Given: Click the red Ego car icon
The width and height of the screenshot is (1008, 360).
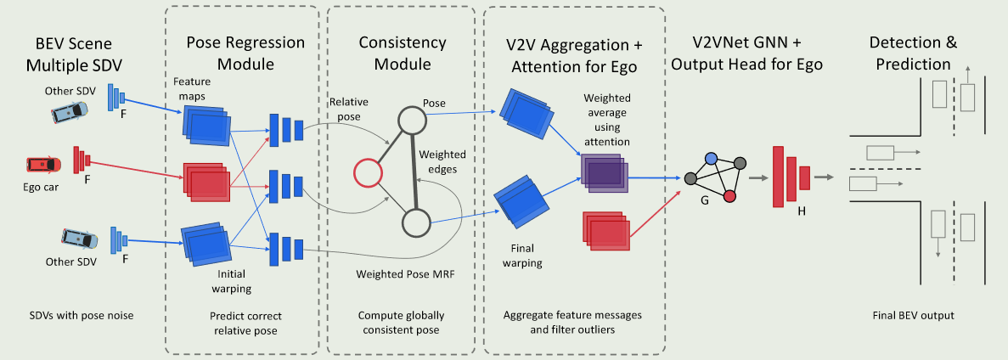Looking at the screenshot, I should (x=43, y=162).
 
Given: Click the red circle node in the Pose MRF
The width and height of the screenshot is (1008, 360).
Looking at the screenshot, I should (x=367, y=173).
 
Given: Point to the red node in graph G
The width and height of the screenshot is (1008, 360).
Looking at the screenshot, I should (x=729, y=197).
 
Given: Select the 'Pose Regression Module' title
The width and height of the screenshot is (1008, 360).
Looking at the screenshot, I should (x=234, y=53).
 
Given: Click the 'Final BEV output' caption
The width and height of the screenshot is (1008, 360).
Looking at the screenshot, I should (x=913, y=315).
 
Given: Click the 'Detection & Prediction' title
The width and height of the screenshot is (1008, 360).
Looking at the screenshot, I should (x=909, y=53).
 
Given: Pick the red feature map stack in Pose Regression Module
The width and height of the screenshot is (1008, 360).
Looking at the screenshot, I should (x=205, y=182).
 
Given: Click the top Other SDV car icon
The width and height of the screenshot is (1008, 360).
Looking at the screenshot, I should (x=69, y=111).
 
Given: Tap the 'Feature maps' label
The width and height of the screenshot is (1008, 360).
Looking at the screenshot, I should (x=192, y=88).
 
